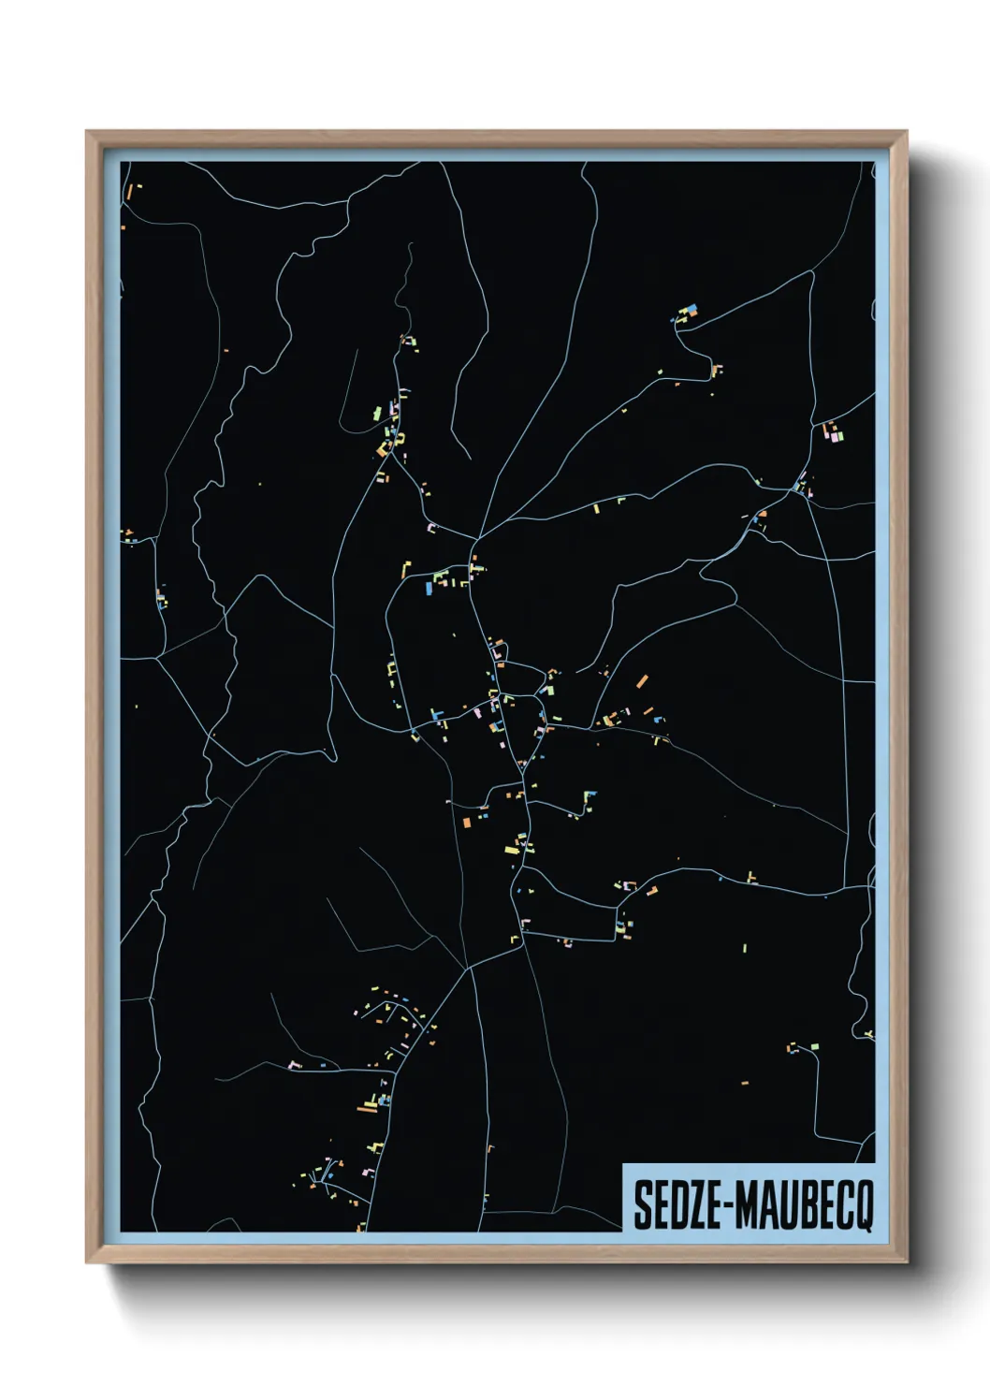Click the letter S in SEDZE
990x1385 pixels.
tap(643, 1205)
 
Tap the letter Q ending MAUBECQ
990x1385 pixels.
tap(862, 1206)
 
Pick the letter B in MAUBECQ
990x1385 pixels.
tap(803, 1205)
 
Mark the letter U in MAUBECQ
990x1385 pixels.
tap(785, 1205)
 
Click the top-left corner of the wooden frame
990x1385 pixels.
tap(87, 132)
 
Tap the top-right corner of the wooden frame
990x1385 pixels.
tap(906, 132)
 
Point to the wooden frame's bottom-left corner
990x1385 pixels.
tap(87, 1262)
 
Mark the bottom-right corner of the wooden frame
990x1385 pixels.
tap(906, 1262)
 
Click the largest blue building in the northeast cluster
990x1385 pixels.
tap(692, 309)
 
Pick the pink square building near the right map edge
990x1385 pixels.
tap(829, 432)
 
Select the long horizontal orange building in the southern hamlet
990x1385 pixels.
tap(367, 1110)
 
